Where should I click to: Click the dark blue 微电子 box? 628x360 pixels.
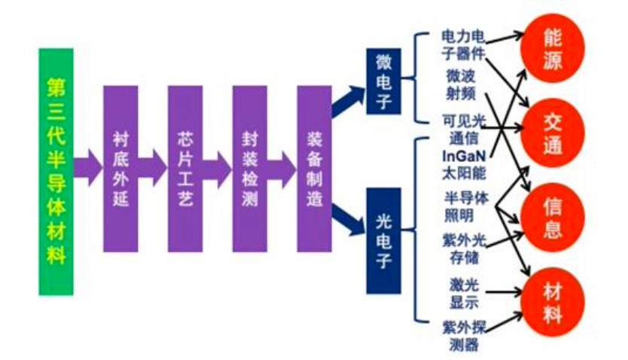coord(383,81)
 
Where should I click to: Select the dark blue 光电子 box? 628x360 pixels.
coord(383,240)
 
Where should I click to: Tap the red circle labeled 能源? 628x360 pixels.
coord(553,49)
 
